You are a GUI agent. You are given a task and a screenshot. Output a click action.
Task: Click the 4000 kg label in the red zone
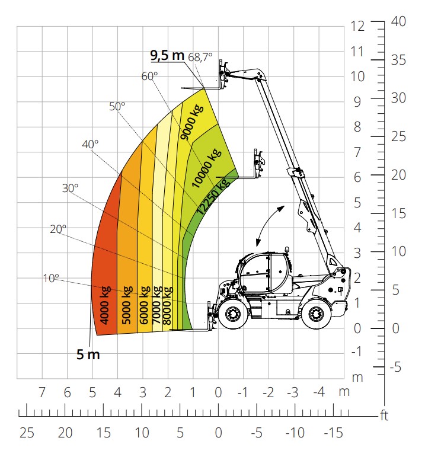pos(105,305)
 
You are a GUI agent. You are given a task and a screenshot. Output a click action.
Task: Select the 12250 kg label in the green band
pos(213,196)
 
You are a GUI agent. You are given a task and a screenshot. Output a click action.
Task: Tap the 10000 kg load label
pos(206,168)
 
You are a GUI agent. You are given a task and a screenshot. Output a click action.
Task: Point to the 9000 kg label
pos(192,122)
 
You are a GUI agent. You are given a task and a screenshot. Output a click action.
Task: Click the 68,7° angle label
pos(200,57)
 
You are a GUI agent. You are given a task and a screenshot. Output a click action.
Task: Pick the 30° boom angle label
pos(70,188)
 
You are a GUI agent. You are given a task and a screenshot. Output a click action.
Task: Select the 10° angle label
pos(51,279)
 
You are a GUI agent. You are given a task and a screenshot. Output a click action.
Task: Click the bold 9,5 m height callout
pos(167,55)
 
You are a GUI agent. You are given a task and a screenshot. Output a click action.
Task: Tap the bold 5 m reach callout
pos(88,354)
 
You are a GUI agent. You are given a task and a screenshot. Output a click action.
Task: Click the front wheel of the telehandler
pos(233,315)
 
